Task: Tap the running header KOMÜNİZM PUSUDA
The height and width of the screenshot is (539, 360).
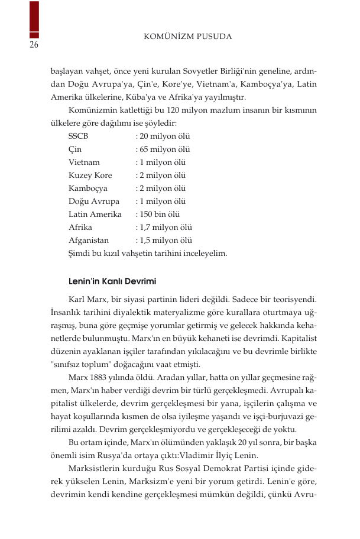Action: [x=188, y=37]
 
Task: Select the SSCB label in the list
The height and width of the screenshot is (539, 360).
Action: [x=79, y=136]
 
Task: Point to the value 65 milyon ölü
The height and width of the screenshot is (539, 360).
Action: [x=163, y=149]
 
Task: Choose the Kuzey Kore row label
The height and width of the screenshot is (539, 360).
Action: [x=90, y=176]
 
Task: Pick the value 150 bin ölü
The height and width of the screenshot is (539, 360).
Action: [x=157, y=215]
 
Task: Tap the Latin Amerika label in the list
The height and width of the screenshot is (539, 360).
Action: [x=95, y=215]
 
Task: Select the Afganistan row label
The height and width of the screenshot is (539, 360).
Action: [x=89, y=241]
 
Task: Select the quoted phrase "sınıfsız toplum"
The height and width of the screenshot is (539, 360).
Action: [x=82, y=364]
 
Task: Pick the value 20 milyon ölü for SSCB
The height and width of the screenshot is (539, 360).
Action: [x=163, y=136]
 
